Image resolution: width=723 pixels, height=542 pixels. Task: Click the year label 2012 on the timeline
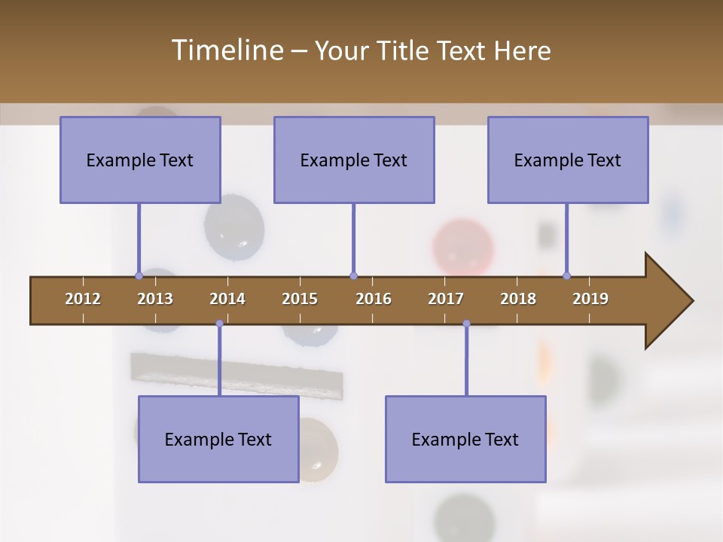(83, 299)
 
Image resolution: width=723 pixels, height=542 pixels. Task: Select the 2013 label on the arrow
(155, 299)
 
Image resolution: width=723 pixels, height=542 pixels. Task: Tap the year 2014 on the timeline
(227, 299)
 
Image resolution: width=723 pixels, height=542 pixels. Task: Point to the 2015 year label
(300, 299)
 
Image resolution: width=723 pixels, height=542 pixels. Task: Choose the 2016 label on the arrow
(374, 299)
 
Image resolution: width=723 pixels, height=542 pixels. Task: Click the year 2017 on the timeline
(446, 299)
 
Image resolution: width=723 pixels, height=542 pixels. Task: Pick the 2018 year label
(518, 299)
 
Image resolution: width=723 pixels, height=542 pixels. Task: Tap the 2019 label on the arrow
(590, 299)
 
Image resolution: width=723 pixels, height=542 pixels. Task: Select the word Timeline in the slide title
(227, 50)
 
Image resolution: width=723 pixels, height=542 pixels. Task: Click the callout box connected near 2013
(140, 160)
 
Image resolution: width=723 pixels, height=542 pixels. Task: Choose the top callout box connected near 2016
(354, 160)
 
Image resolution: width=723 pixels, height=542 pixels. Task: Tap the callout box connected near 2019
(568, 160)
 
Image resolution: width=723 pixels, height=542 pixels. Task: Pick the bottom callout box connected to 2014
(218, 439)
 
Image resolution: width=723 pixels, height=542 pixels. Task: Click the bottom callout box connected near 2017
(465, 439)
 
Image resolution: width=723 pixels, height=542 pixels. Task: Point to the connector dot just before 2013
(139, 276)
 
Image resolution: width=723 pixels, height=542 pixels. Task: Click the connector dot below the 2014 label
(219, 324)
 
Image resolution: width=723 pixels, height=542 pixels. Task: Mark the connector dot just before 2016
(353, 276)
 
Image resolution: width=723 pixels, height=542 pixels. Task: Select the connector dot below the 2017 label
(466, 324)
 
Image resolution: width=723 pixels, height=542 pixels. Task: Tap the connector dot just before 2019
(566, 276)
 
